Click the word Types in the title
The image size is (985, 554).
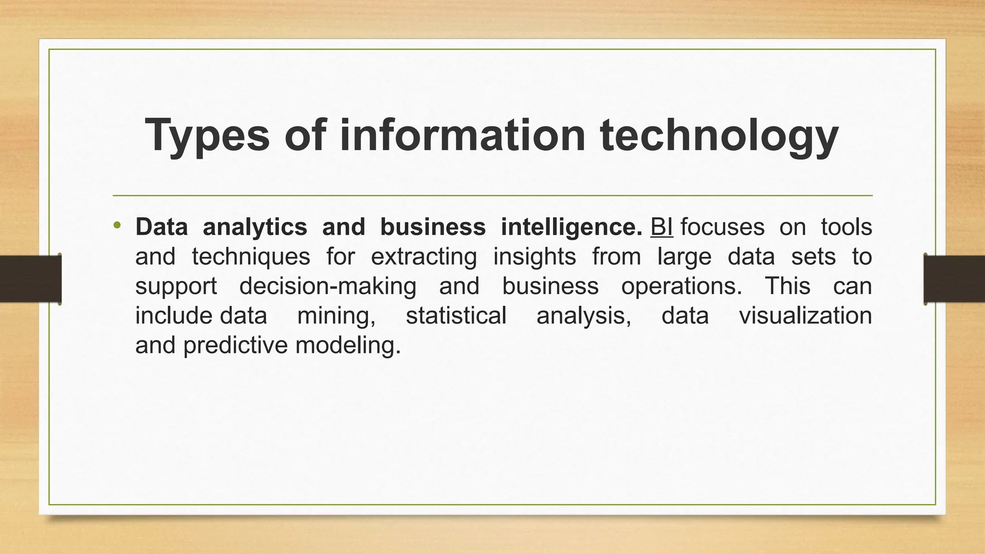[207, 136]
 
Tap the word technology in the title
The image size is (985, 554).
[719, 136]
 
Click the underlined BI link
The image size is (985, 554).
[661, 227]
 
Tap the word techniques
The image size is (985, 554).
[251, 257]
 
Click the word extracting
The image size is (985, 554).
[424, 257]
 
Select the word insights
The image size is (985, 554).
[534, 257]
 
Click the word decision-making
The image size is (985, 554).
[328, 287]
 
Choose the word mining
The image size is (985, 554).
[336, 316]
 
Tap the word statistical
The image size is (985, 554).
[456, 316]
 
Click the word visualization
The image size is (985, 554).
[805, 316]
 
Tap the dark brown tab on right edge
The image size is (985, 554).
[954, 279]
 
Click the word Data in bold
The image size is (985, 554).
[162, 227]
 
